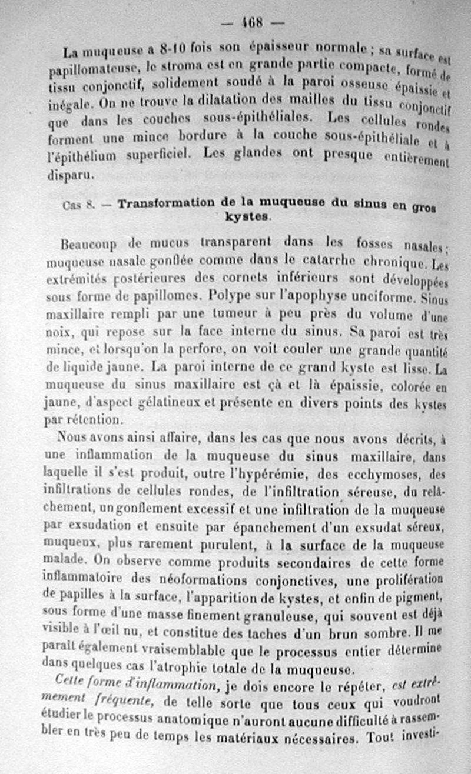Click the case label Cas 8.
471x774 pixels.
pyautogui.click(x=79, y=205)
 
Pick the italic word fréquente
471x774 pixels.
pyautogui.click(x=126, y=696)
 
